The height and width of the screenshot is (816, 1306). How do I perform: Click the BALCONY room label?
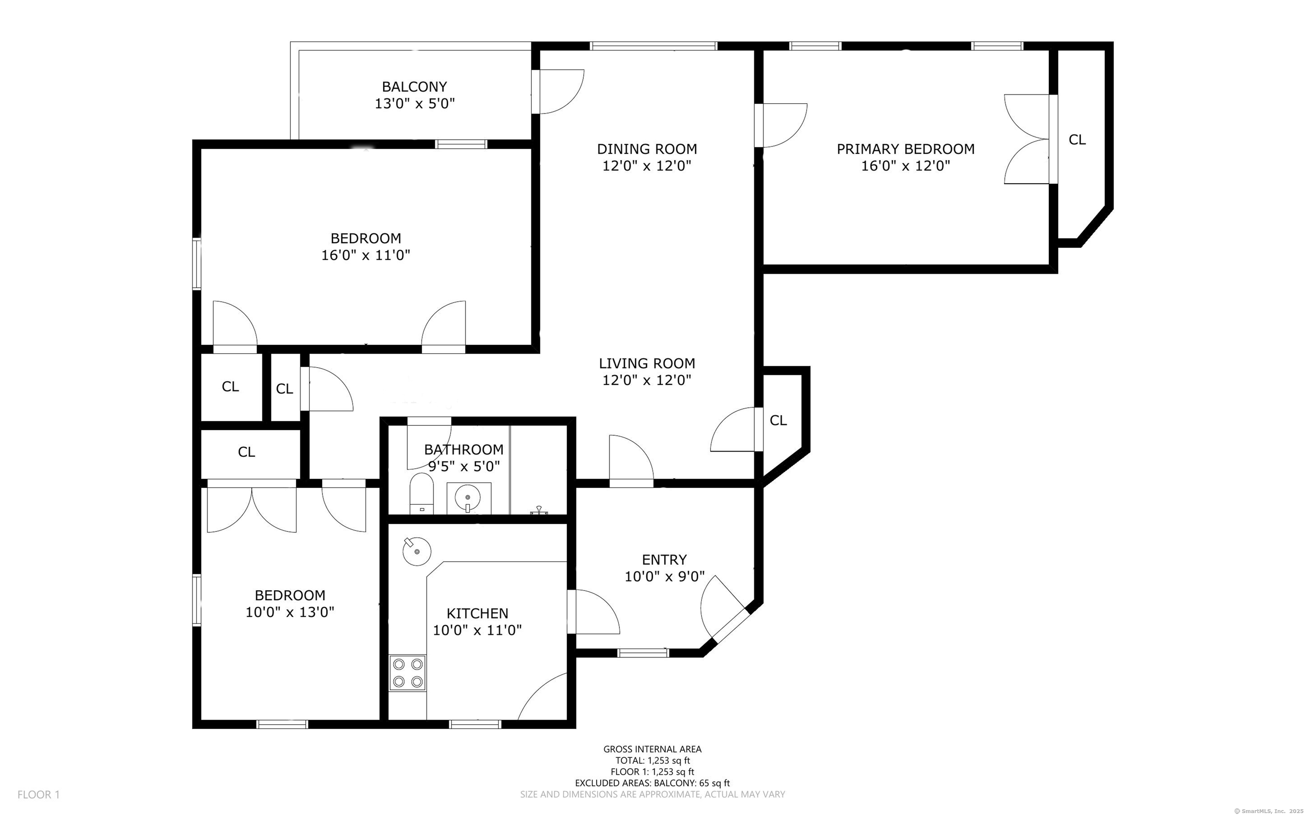click(x=415, y=87)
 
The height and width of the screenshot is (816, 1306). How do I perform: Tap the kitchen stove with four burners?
click(x=407, y=673)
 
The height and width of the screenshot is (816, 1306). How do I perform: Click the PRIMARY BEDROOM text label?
click(x=906, y=149)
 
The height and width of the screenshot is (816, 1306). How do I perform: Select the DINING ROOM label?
click(x=647, y=149)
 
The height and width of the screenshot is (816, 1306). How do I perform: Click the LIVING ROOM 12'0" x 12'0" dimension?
click(x=647, y=380)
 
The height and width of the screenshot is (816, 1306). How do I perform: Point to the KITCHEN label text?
click(x=477, y=613)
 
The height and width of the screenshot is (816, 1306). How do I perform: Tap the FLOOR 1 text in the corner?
click(x=38, y=794)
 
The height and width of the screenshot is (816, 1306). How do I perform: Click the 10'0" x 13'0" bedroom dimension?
click(x=290, y=612)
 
